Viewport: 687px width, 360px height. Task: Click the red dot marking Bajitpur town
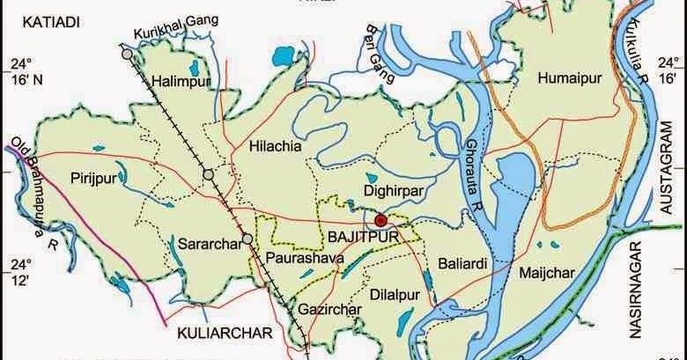coord(380,221)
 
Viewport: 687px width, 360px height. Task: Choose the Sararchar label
coord(209,244)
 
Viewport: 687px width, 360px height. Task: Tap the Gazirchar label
coord(330,311)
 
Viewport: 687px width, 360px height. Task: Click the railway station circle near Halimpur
coord(129,55)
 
